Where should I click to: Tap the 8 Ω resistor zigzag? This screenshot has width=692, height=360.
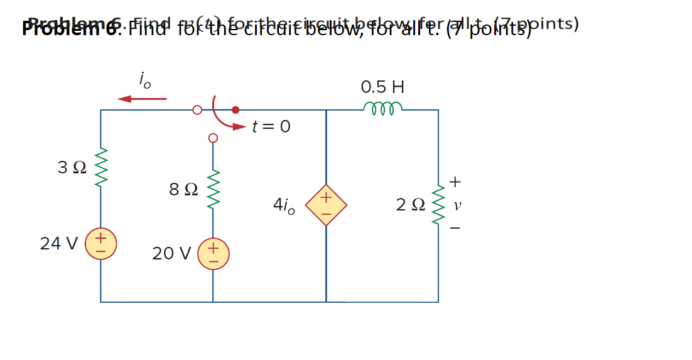[x=213, y=190]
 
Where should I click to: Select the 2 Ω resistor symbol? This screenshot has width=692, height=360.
[x=438, y=205]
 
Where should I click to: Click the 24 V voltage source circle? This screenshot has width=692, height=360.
[x=100, y=244]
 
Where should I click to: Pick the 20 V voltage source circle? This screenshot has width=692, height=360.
[x=213, y=254]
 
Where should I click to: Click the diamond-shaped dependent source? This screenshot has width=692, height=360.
[x=326, y=205]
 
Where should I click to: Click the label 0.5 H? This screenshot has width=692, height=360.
[x=382, y=87]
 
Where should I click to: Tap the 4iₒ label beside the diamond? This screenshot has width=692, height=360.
[x=284, y=205]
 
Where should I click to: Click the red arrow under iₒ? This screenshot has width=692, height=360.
[x=142, y=99]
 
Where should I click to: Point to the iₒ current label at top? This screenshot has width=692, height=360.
[x=145, y=80]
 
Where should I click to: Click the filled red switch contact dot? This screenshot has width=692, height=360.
[x=235, y=110]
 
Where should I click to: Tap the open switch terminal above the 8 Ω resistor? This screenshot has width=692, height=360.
[x=213, y=138]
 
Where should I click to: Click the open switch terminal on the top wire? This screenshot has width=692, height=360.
[x=197, y=110]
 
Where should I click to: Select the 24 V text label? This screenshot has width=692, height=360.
[x=59, y=244]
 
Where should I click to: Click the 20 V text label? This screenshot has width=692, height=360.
[x=171, y=254]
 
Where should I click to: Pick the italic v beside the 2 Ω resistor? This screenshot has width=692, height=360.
[x=457, y=205]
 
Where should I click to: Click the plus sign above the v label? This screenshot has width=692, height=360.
[x=455, y=182]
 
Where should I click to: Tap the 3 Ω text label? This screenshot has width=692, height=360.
[x=72, y=168]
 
